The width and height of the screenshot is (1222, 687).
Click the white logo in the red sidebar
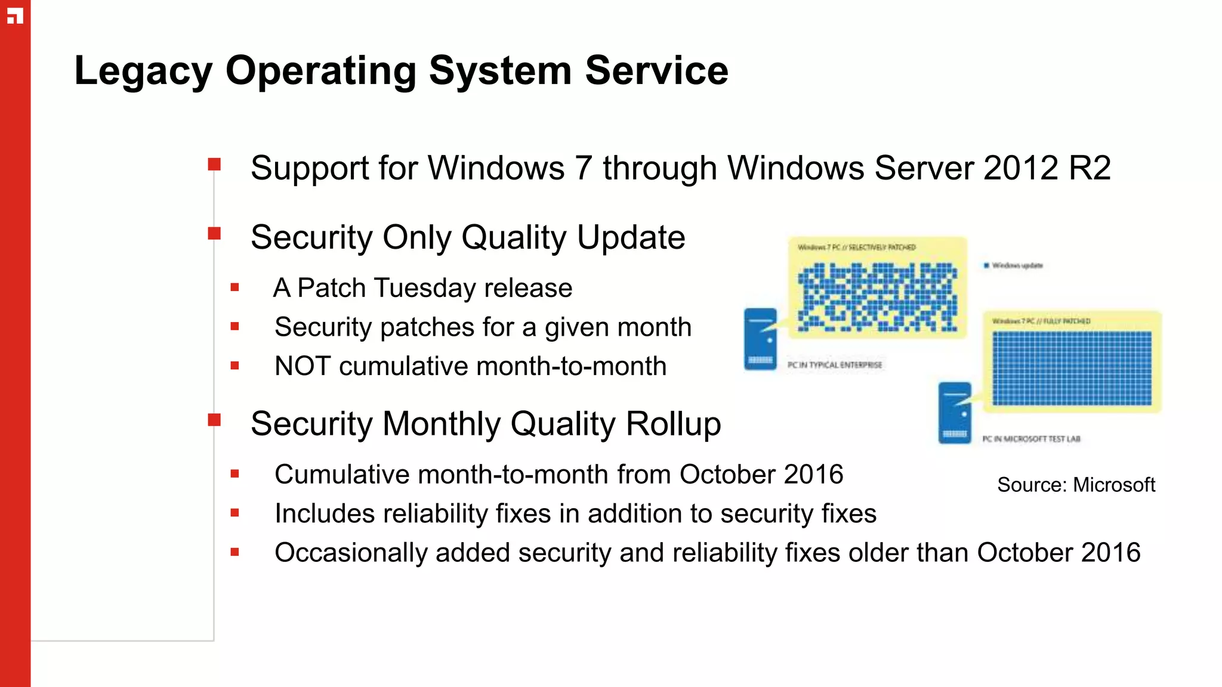click(15, 16)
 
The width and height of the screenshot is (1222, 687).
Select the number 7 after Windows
click(583, 168)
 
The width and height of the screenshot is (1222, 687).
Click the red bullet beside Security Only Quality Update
click(214, 233)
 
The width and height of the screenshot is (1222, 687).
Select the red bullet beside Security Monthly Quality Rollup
click(214, 420)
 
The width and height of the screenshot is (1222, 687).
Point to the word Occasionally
click(350, 553)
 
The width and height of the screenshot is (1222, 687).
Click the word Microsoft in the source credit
click(1113, 485)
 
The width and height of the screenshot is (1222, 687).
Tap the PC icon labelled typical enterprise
click(761, 339)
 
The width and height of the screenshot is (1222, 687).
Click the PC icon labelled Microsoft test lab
click(955, 413)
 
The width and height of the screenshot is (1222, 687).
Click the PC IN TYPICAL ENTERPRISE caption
click(834, 365)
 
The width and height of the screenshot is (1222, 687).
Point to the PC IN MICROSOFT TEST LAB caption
click(1030, 439)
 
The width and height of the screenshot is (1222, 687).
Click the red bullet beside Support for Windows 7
click(214, 164)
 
